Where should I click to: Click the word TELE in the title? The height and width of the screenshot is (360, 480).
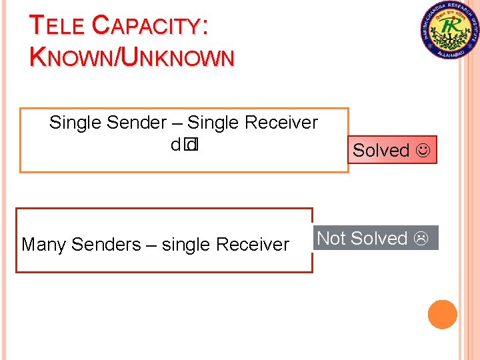(57, 27)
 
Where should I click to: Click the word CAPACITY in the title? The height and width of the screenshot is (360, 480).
(145, 27)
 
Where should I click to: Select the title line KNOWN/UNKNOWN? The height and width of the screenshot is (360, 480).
(132, 57)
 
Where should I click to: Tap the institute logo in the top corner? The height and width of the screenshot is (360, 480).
(449, 30)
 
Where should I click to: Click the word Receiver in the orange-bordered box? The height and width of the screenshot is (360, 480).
(281, 123)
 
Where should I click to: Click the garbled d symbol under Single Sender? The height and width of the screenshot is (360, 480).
(175, 144)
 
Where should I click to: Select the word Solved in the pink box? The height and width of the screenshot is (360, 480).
(381, 151)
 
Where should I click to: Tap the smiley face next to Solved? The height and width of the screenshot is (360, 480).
(422, 151)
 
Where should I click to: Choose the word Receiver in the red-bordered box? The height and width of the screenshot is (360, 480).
(253, 245)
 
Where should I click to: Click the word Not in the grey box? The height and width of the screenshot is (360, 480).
(331, 238)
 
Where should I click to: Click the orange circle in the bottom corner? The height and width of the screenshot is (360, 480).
(442, 315)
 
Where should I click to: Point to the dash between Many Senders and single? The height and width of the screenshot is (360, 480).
(151, 245)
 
